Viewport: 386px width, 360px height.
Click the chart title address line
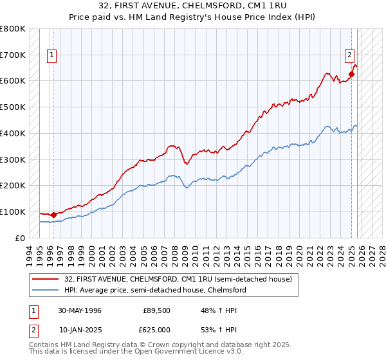tap(193, 6)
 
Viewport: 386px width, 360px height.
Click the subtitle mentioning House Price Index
tap(193, 16)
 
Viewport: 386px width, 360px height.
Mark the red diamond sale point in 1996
tap(53, 215)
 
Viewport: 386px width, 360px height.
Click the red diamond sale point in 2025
tap(352, 74)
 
